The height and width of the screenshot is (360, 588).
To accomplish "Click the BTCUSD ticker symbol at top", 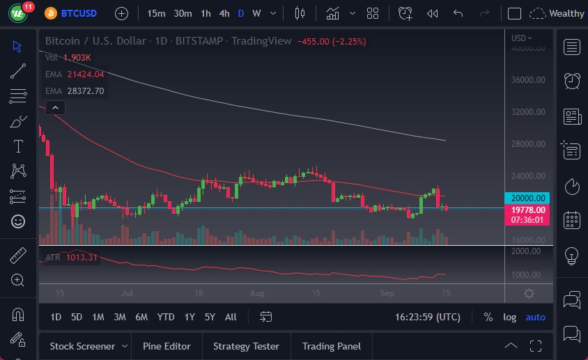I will coord(79,13).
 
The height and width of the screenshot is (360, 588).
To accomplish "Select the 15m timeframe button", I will coord(157,13).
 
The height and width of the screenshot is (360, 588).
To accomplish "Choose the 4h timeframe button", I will coord(224,13).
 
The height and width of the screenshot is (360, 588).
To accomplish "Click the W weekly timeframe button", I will coord(256,13).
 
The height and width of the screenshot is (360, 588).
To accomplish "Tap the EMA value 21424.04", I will coord(86,74).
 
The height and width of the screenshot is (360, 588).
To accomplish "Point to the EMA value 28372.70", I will coord(86,91).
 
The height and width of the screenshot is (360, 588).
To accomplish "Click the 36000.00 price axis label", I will coord(527,80).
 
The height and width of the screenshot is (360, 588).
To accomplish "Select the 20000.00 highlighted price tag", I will coord(527,198).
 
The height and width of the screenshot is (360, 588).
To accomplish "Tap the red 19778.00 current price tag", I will coord(527,209).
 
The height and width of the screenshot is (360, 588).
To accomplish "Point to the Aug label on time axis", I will coord(257,293).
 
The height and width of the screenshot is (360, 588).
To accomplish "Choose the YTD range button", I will coord(166,317).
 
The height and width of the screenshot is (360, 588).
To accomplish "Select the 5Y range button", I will coord(210,317).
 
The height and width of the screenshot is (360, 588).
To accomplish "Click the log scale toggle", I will coord(510,317).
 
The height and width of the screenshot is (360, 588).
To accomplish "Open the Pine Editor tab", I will coord(167,346).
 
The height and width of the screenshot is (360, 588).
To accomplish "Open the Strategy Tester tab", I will coord(246,346).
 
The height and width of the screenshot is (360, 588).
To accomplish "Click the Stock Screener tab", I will coord(82,346).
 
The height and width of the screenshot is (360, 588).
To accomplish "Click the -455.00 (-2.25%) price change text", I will coord(332,41).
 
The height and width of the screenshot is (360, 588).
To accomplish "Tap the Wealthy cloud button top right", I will coord(557,13).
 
